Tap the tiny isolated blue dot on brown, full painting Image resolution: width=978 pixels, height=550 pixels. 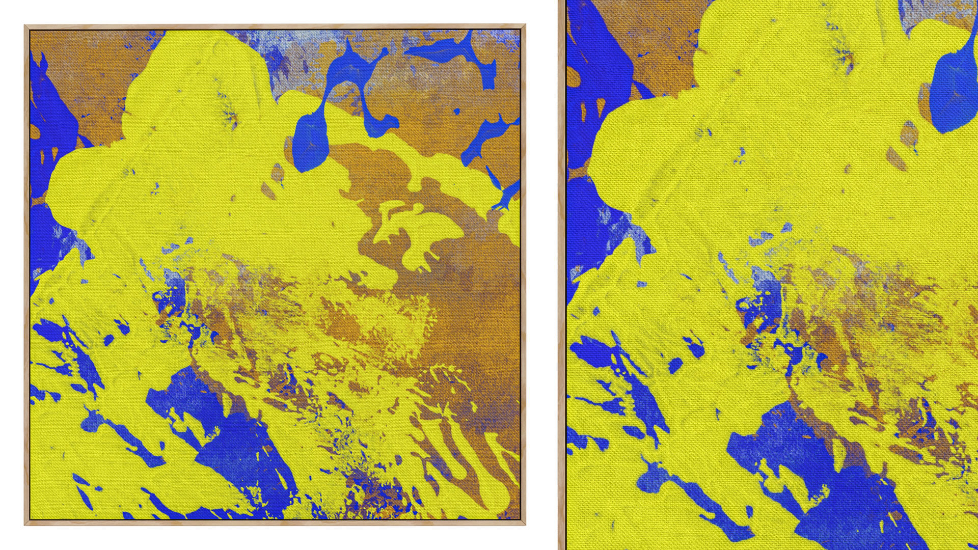457,112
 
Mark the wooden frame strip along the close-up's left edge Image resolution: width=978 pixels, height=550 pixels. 562,275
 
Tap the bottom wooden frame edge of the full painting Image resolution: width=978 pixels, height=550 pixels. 275,522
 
